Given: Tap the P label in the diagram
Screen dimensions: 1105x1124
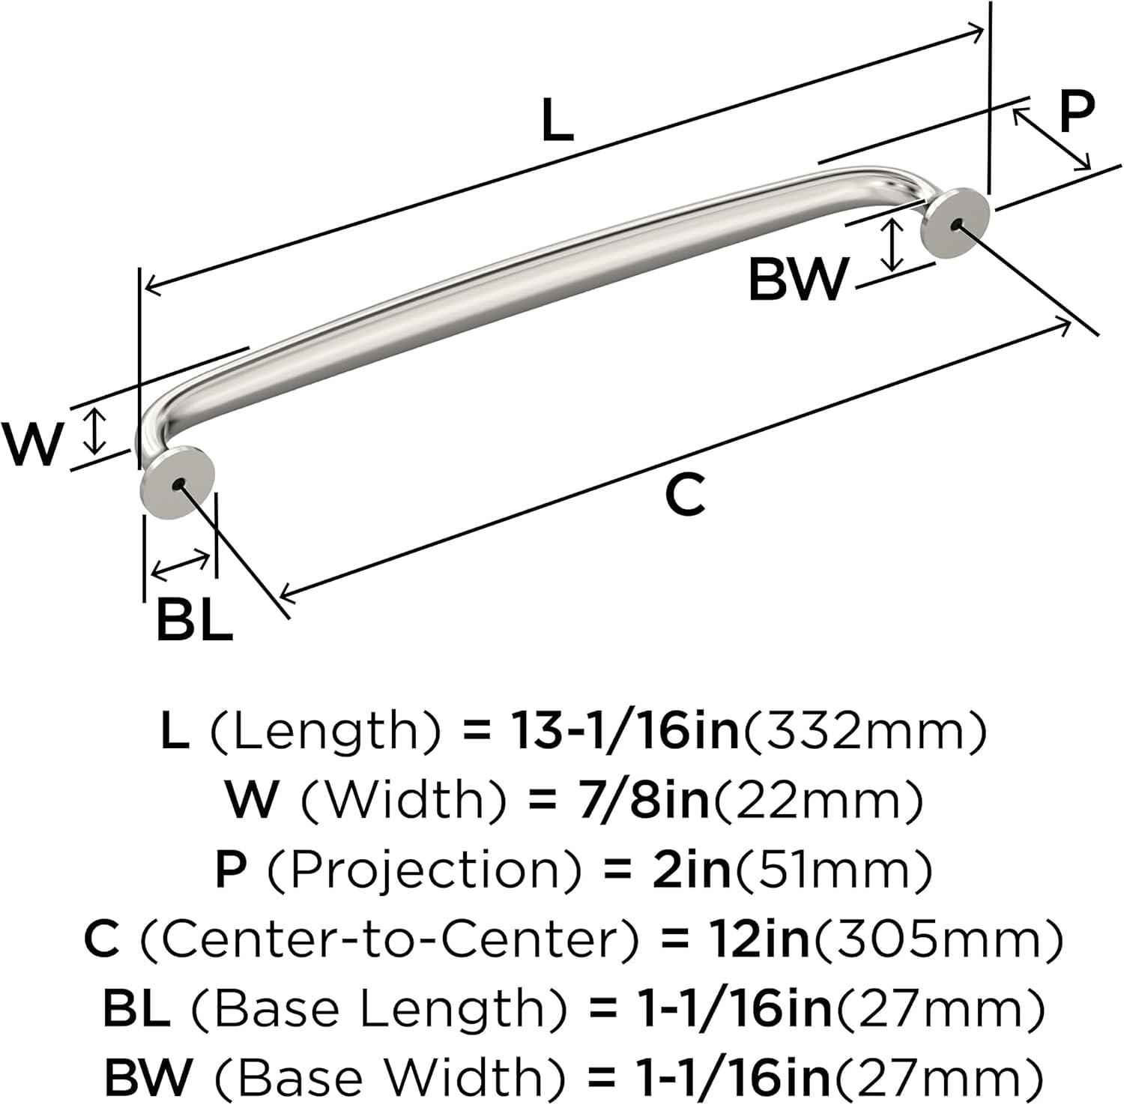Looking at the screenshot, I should click(1077, 112).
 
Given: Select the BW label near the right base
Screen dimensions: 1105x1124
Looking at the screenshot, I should click(799, 279).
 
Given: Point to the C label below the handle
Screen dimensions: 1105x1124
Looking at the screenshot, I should click(685, 495).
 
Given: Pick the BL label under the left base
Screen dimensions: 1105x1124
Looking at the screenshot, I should click(194, 620).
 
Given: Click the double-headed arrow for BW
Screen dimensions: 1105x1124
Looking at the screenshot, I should click(891, 244).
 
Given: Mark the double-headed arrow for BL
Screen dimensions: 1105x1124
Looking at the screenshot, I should click(181, 564).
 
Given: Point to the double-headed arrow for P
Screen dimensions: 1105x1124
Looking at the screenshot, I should click(1051, 139).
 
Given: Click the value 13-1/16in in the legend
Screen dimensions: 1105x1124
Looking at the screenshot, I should click(626, 731).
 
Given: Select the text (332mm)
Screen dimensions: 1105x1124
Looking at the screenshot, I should click(864, 731).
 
